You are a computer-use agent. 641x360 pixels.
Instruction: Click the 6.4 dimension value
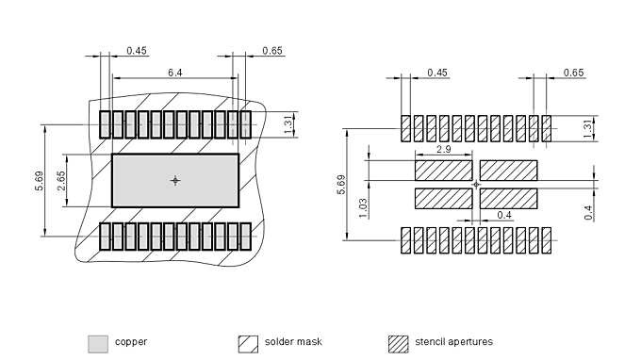(x=175, y=72)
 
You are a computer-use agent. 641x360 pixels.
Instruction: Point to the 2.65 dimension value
(x=61, y=181)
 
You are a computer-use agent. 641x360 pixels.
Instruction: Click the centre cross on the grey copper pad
(x=175, y=180)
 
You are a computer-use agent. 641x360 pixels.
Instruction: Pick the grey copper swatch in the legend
(x=97, y=342)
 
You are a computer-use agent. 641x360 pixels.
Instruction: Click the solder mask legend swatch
(x=248, y=342)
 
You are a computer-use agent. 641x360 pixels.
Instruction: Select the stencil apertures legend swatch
(x=399, y=342)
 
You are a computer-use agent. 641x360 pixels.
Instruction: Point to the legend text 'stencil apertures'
(x=453, y=342)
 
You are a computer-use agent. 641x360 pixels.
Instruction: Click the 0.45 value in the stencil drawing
(x=436, y=73)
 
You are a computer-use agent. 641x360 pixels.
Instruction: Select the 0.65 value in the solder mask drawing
(x=271, y=50)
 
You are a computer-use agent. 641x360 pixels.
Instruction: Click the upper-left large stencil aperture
(x=443, y=170)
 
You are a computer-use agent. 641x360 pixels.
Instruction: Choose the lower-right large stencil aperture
(x=508, y=198)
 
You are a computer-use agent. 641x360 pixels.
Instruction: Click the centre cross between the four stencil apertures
(x=476, y=185)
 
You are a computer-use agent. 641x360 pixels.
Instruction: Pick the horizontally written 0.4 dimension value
(x=504, y=216)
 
